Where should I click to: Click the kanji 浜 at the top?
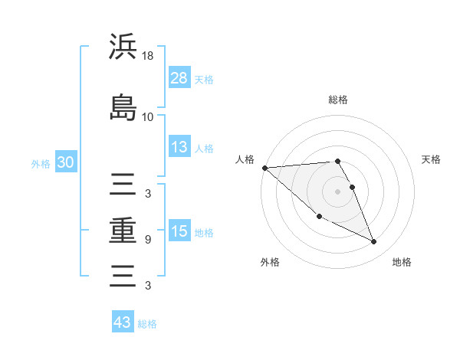tap(123, 47)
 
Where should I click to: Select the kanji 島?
tap(123, 108)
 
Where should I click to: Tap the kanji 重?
tap(123, 230)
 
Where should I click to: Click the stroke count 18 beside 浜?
tap(148, 56)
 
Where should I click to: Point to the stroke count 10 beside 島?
tap(148, 117)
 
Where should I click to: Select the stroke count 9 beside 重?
tap(148, 240)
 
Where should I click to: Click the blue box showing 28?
tap(179, 77)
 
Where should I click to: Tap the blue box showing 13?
tap(179, 147)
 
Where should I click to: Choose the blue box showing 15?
tap(179, 231)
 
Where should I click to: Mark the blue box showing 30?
tap(65, 162)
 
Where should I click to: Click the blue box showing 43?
tap(123, 322)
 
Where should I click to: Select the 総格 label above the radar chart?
tap(338, 100)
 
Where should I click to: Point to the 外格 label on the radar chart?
tap(270, 263)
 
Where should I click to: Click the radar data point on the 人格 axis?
tap(264, 168)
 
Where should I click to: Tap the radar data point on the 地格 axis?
tap(374, 242)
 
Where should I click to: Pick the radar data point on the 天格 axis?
tap(353, 187)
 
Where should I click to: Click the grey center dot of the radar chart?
tap(338, 191)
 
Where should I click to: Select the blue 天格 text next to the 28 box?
tap(204, 79)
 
